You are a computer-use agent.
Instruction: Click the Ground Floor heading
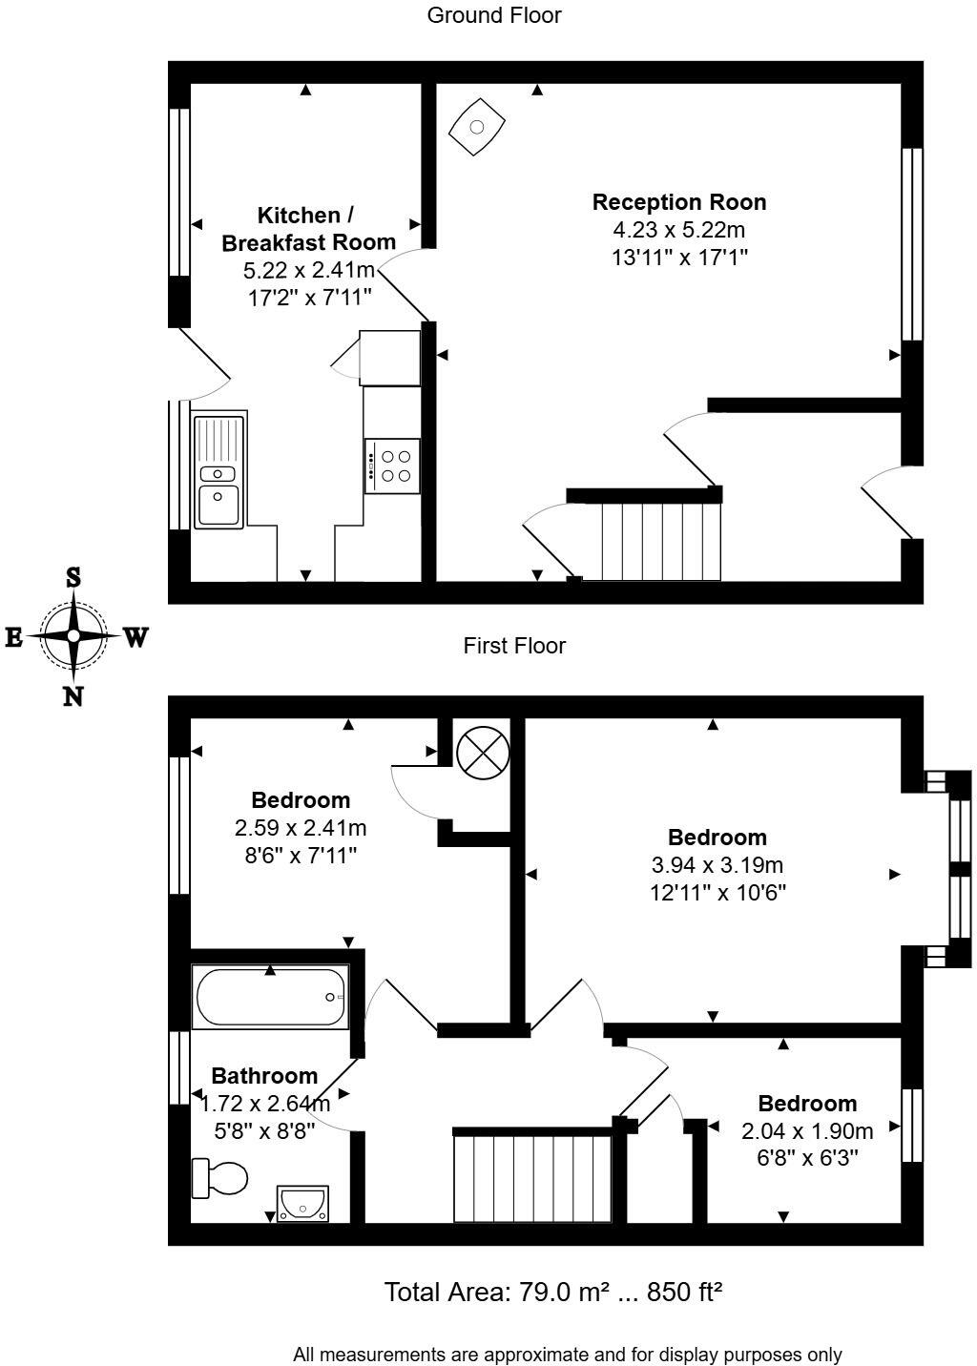[x=494, y=15]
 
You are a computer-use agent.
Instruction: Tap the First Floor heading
[x=514, y=645]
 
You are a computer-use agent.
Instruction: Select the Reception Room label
[x=679, y=202]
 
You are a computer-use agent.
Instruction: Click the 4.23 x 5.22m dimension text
[x=678, y=230]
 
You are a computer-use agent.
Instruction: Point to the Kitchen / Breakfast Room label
[x=308, y=229]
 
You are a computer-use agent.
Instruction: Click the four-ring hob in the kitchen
[x=392, y=466]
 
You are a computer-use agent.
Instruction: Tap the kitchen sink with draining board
[x=219, y=472]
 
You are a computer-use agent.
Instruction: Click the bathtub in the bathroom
[x=270, y=997]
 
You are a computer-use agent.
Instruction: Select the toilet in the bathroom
[x=219, y=1178]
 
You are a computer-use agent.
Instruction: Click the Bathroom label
[x=264, y=1076]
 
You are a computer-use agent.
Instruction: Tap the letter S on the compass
[x=73, y=577]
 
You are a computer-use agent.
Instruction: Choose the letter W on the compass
[x=136, y=638]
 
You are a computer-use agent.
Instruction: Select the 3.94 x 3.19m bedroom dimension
[x=717, y=865]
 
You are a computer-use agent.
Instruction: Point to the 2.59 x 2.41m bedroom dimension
[x=300, y=828]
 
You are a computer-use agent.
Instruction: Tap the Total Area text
[x=553, y=1292]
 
